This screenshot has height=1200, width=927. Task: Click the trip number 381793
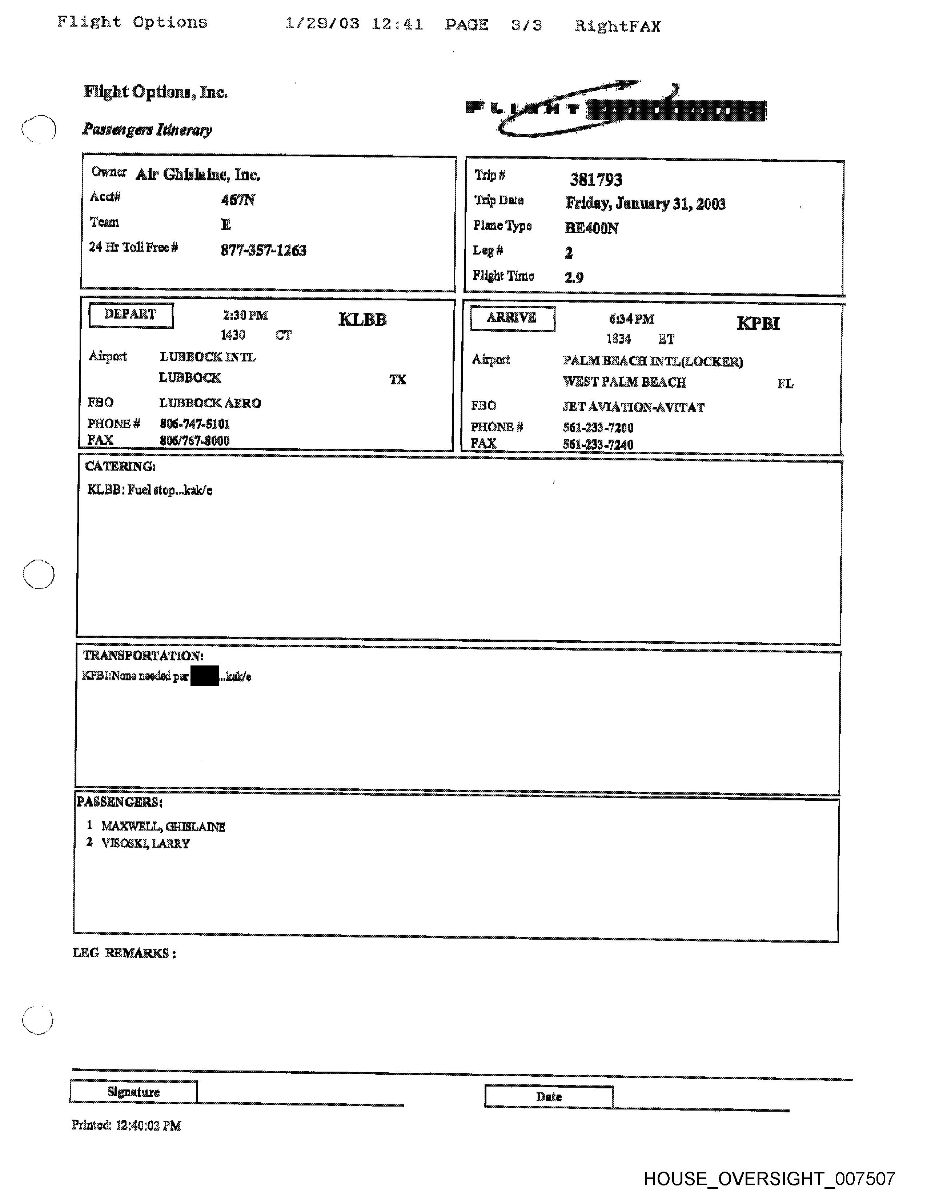[x=596, y=180]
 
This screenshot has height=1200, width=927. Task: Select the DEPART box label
[x=131, y=315]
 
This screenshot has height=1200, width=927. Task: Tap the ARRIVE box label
[x=512, y=319]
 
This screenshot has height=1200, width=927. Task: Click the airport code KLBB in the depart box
[x=362, y=319]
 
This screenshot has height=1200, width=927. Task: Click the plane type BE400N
[x=591, y=228]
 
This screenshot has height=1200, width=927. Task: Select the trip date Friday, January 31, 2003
[x=645, y=204]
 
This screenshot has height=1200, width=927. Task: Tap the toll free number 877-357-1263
[x=263, y=251]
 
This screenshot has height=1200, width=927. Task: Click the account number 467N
[x=238, y=199]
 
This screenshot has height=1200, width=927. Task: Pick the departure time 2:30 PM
[x=245, y=315]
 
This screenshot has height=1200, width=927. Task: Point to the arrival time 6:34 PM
[x=631, y=319]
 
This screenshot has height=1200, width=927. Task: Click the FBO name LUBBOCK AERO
[x=210, y=403]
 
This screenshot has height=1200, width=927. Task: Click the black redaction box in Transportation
[x=204, y=676]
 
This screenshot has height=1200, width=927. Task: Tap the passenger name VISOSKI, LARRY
[x=145, y=843]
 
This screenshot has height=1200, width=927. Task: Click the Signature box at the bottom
[x=133, y=1092]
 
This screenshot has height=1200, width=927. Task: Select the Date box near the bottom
[x=549, y=1097]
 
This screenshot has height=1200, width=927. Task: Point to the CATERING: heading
[x=120, y=467]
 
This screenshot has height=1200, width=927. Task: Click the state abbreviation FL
[x=785, y=384]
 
